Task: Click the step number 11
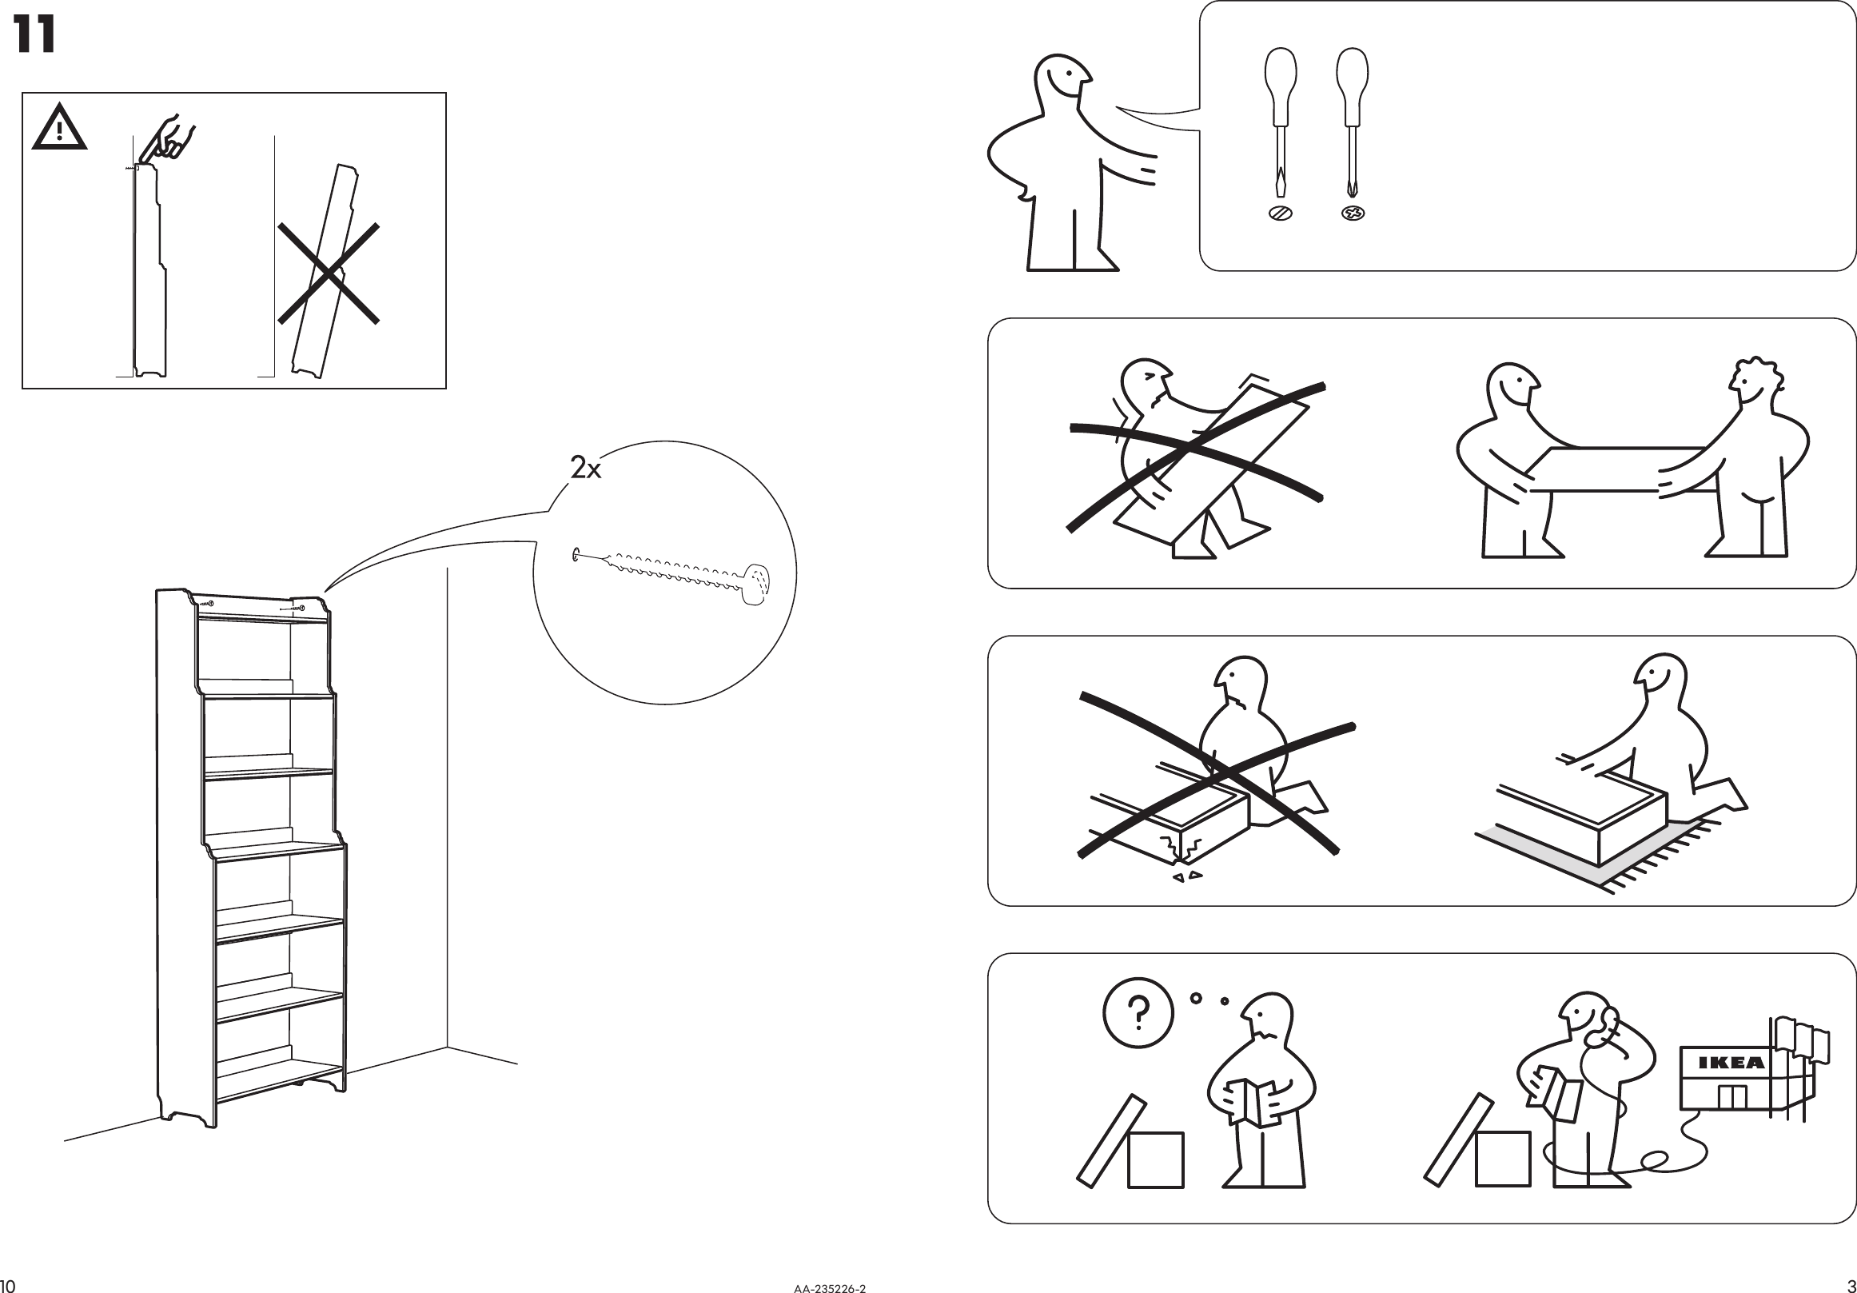point(34,36)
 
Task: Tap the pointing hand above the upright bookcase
point(166,140)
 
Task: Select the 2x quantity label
point(586,468)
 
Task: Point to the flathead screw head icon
point(1281,214)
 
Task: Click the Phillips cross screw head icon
point(1353,214)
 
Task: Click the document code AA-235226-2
point(829,1288)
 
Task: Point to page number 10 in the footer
point(8,1286)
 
